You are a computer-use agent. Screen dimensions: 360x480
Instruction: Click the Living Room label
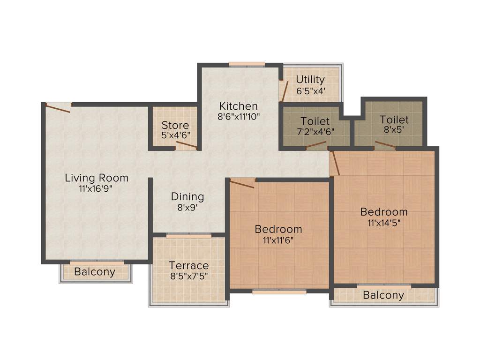click(x=96, y=178)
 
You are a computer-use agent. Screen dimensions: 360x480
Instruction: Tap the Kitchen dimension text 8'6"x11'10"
click(x=239, y=117)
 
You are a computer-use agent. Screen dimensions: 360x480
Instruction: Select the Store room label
click(x=175, y=125)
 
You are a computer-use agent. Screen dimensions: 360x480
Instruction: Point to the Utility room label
click(x=310, y=79)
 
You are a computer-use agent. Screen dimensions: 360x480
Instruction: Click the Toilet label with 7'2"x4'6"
click(x=315, y=121)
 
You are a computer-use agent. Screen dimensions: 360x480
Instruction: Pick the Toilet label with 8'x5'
click(x=394, y=120)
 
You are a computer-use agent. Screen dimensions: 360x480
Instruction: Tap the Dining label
click(x=187, y=196)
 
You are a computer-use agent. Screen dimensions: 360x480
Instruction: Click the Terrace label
click(x=188, y=266)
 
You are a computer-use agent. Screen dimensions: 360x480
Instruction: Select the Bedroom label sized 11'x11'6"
click(x=278, y=229)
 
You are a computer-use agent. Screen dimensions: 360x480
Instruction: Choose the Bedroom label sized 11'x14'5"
click(x=383, y=212)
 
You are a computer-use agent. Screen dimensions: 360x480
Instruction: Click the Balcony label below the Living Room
click(x=95, y=272)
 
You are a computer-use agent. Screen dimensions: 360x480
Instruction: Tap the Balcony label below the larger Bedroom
click(x=383, y=295)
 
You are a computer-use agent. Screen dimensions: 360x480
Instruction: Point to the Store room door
click(x=186, y=145)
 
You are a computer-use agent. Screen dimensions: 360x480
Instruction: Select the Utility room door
click(x=284, y=90)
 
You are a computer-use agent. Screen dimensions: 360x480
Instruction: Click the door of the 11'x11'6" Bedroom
click(x=242, y=184)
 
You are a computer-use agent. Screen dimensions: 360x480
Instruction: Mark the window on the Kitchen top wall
click(x=247, y=65)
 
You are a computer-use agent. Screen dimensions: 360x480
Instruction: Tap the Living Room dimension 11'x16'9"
click(x=96, y=189)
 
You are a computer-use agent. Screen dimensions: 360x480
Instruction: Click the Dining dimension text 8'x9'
click(x=187, y=208)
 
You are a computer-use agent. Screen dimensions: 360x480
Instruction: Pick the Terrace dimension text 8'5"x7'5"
click(x=188, y=277)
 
